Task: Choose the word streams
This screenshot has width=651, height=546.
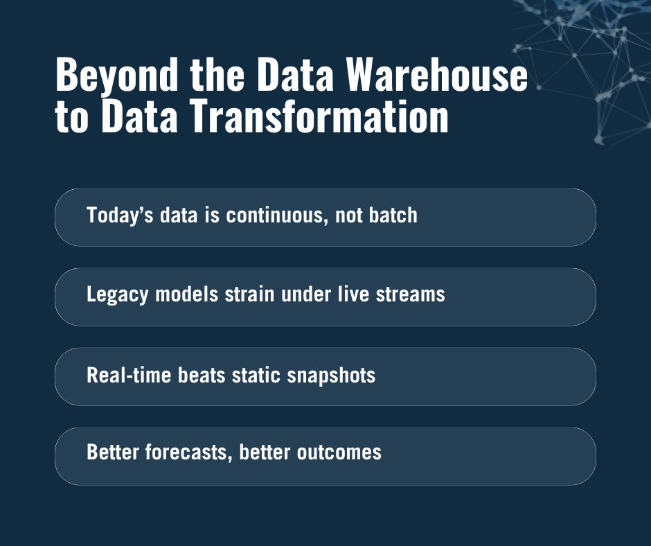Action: pyautogui.click(x=410, y=294)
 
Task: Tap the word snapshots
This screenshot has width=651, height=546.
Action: pyautogui.click(x=332, y=375)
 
